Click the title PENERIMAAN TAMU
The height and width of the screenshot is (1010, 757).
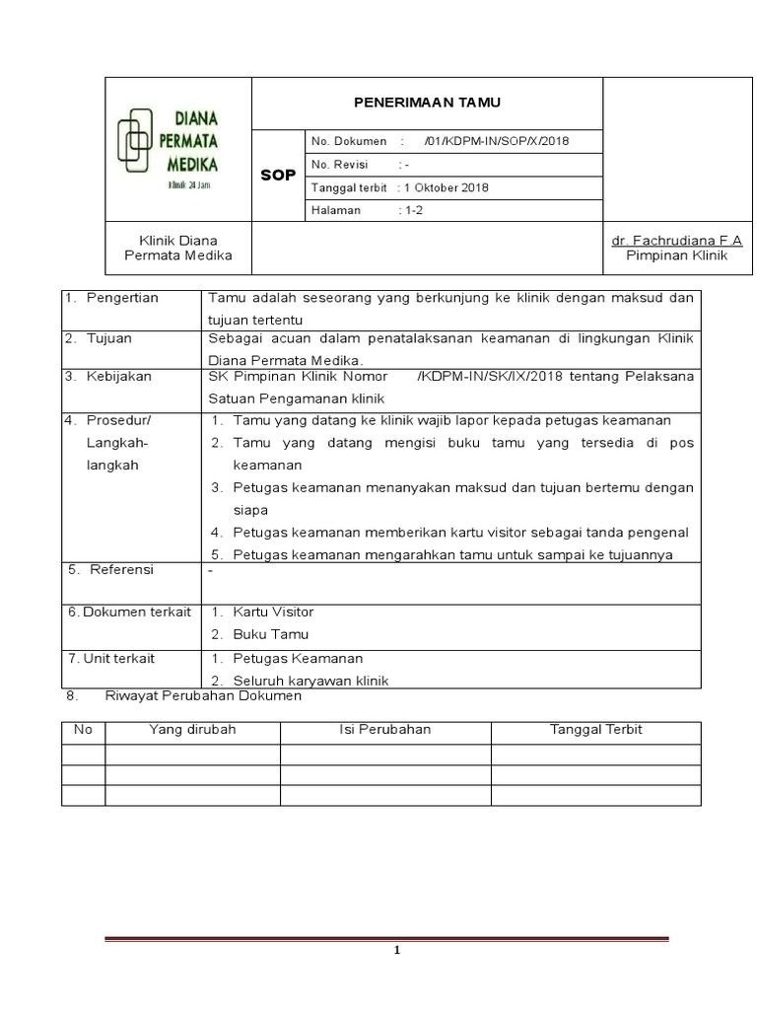point(427,103)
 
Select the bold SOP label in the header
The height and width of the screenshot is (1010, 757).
point(277,175)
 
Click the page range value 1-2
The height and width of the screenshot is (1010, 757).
point(411,210)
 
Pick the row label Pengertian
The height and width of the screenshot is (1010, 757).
point(122,298)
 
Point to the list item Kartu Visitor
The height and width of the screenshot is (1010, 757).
point(273,612)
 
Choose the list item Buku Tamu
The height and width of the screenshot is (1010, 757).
point(270,634)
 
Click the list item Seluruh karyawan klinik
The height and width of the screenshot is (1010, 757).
point(310,681)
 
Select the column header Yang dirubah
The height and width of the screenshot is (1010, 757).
point(192,730)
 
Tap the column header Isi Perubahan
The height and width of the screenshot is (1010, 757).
point(384,730)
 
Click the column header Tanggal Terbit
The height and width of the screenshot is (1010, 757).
point(595,730)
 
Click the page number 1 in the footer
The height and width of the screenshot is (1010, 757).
point(396,951)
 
